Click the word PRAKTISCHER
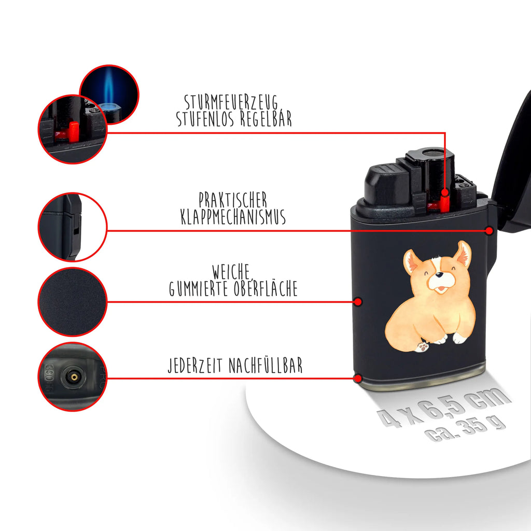pos(233,200)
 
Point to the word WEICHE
pos(232,271)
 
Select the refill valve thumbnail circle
pos(72,376)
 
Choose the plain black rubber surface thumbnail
pos(72,302)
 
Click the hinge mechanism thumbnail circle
pos(72,227)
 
